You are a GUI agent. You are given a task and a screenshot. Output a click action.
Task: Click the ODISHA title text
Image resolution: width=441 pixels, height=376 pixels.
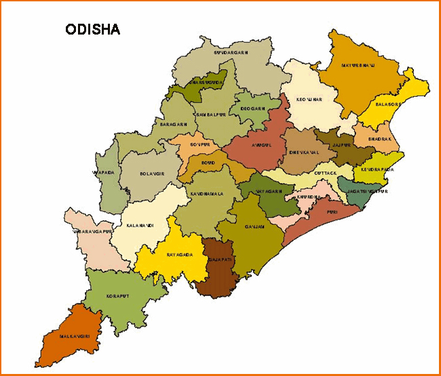pyautogui.click(x=93, y=30)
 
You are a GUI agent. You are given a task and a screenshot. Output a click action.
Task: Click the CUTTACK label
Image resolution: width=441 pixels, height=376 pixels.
pyautogui.click(x=325, y=173)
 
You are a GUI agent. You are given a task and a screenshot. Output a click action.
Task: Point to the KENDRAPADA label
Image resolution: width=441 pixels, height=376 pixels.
pyautogui.click(x=377, y=170)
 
